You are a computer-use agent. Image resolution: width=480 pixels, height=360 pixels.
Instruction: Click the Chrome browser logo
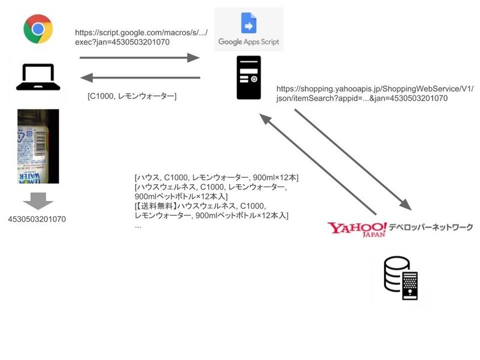pos(38,29)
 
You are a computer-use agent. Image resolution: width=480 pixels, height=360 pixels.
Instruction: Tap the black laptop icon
pos(38,77)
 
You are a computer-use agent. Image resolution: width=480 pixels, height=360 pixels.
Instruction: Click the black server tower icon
pos(248,77)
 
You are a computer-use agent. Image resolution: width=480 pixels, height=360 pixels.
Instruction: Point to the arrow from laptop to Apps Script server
pos(139,58)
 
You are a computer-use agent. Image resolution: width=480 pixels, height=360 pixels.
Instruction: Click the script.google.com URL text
pos(142,37)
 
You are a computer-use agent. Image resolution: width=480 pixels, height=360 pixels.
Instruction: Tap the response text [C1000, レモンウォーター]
pos(132,96)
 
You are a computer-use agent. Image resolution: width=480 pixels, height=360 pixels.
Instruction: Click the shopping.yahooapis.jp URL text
pos(375,93)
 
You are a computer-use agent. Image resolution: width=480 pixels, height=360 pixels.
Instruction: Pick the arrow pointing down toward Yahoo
pos(353,159)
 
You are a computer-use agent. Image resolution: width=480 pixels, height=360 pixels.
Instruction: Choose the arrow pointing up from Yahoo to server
pos(317,165)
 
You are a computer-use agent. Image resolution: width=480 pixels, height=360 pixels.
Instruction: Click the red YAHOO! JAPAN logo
pos(357,229)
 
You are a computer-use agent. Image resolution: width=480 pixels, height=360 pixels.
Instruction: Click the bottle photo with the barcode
pos(38,146)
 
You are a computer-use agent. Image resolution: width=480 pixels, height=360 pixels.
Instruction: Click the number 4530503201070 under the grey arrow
pos(37,219)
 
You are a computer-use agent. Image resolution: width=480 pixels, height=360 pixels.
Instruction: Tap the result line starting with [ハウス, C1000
pos(217,178)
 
